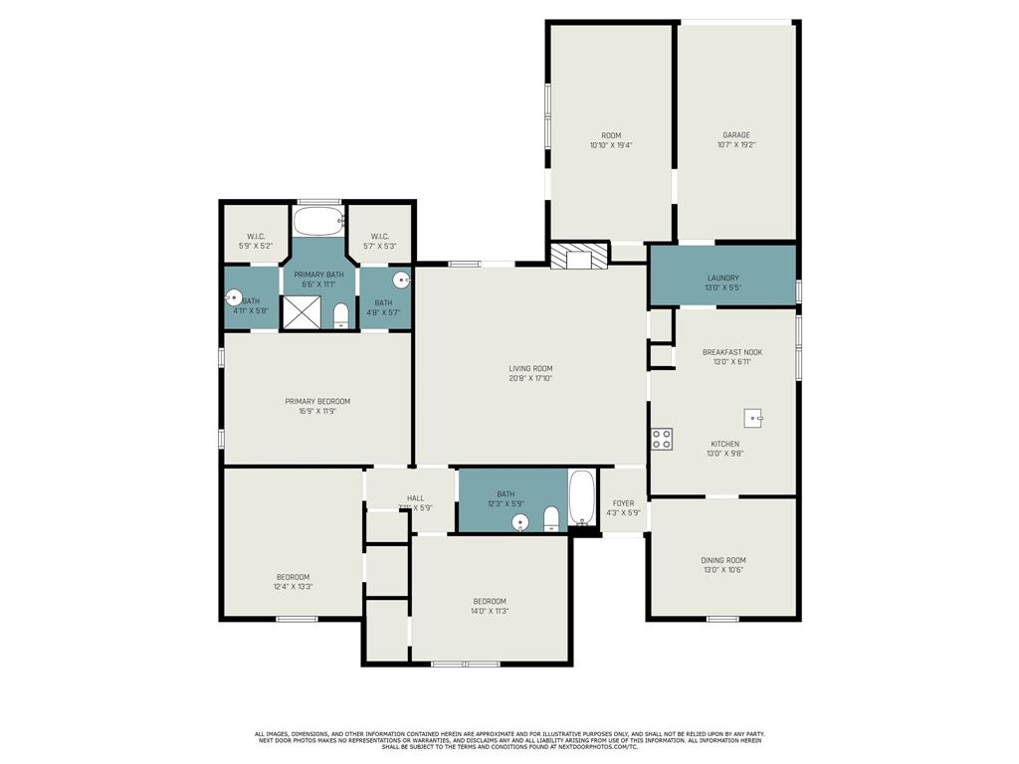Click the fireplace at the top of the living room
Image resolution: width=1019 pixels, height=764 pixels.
tap(578, 257)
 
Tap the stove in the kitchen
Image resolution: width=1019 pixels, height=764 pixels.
tap(662, 439)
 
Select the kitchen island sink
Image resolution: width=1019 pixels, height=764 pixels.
tap(752, 418)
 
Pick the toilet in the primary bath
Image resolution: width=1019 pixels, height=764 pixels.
tap(340, 315)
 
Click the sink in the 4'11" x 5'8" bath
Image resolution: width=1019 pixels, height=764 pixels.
tap(233, 296)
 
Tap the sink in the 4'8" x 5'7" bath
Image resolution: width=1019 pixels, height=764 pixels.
tap(400, 281)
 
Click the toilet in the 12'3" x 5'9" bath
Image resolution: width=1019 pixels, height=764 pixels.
tap(551, 518)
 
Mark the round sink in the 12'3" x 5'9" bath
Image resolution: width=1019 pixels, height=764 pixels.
tap(519, 522)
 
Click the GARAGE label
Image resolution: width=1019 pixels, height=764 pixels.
tap(736, 135)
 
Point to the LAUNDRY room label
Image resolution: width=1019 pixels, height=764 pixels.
tap(722, 279)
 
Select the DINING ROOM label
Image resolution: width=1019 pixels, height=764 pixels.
tap(722, 560)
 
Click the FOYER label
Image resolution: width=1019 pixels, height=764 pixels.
tap(623, 503)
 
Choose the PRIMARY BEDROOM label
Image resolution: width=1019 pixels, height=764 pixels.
tap(317, 402)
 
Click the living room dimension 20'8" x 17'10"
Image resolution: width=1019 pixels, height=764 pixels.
tap(529, 378)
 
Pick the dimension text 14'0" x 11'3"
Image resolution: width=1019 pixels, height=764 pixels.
tap(490, 611)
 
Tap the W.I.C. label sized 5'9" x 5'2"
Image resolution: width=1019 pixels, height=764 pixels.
tap(255, 246)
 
